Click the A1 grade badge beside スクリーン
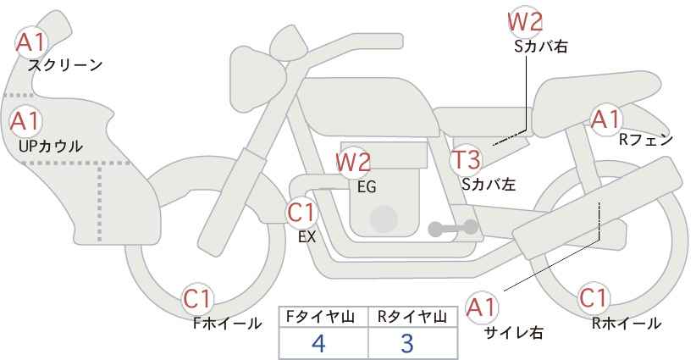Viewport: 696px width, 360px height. click(32, 41)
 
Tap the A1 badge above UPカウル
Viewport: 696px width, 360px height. click(25, 121)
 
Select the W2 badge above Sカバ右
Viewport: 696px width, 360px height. click(524, 21)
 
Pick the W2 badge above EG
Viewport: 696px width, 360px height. click(353, 162)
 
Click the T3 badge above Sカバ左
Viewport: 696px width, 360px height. click(466, 159)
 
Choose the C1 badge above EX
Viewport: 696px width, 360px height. click(301, 212)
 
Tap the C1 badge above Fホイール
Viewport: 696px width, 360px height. click(199, 298)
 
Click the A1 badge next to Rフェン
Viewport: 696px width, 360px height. click(606, 119)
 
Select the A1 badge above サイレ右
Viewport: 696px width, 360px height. click(483, 307)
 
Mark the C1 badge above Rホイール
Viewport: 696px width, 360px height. click(594, 298)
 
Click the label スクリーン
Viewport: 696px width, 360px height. click(65, 65)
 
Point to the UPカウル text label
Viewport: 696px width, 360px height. click(51, 146)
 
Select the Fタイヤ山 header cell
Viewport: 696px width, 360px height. click(323, 316)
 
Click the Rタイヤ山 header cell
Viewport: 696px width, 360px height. click(413, 316)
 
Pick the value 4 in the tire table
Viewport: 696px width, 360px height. click(318, 343)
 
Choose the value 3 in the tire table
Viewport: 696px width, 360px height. click(407, 343)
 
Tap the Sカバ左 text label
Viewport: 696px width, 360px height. click(489, 182)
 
